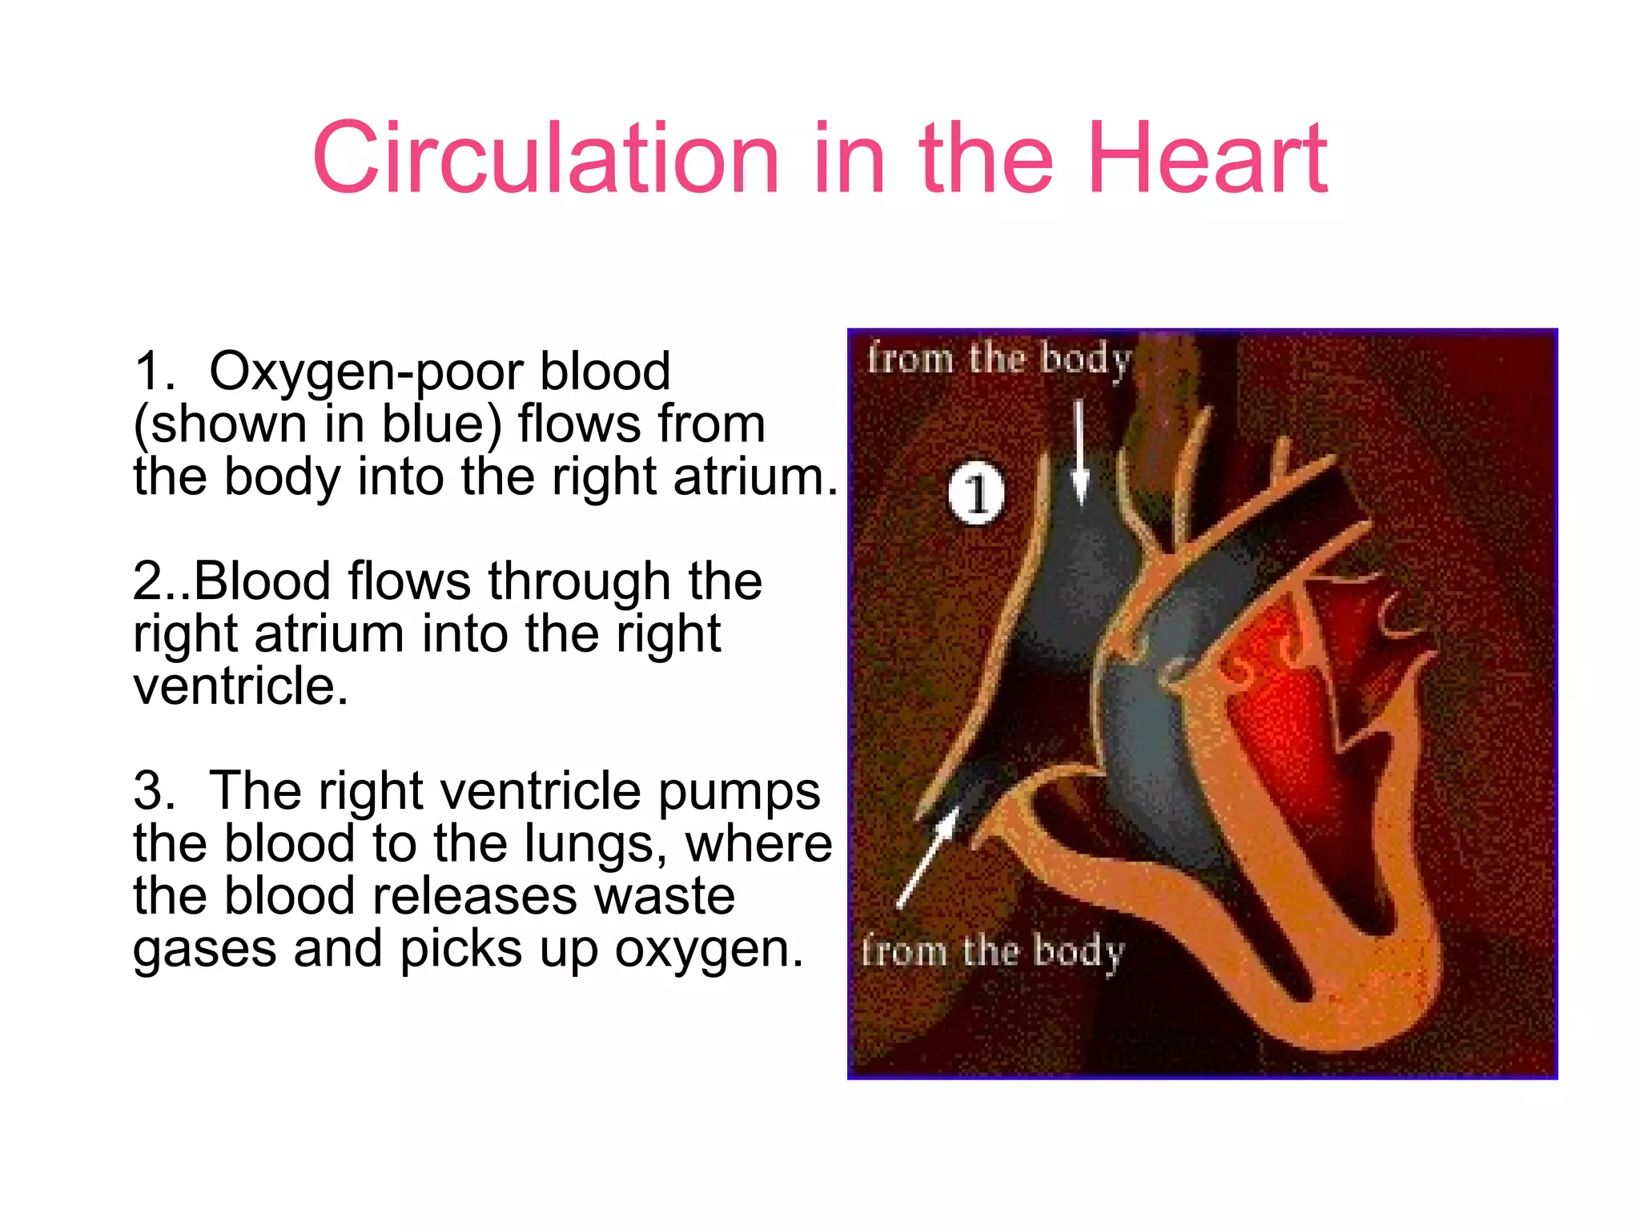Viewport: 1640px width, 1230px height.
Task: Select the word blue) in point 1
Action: pyautogui.click(x=441, y=424)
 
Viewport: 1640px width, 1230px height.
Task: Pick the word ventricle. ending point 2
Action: pyautogui.click(x=241, y=687)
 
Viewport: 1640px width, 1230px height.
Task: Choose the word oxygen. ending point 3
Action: pyautogui.click(x=709, y=950)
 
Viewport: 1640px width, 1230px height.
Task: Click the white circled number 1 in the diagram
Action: pyautogui.click(x=975, y=493)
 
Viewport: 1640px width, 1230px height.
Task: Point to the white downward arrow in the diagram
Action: pyautogui.click(x=1079, y=452)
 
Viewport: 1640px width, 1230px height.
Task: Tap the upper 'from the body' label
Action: pyautogui.click(x=999, y=360)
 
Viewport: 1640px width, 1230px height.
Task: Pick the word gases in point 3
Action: pyautogui.click(x=204, y=950)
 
